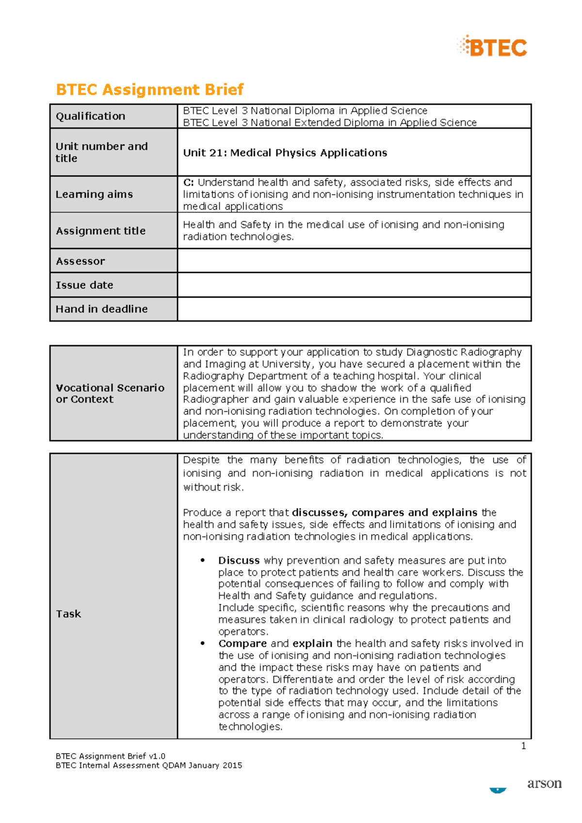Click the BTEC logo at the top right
click(x=492, y=47)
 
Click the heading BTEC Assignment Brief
click(x=149, y=90)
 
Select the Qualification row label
click(x=91, y=116)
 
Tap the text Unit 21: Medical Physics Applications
click(x=285, y=153)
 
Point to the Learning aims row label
click(x=94, y=194)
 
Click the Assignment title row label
click(x=100, y=231)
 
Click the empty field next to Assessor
click(x=354, y=261)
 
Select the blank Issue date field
click(x=354, y=285)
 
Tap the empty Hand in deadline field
click(x=354, y=309)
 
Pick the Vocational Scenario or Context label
click(x=110, y=394)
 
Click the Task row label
click(x=68, y=614)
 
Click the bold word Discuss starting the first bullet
click(x=239, y=560)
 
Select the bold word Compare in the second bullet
click(x=242, y=643)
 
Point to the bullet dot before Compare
click(x=203, y=643)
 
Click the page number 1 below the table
click(x=523, y=746)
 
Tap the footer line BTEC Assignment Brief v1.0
click(x=111, y=756)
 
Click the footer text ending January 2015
click(x=148, y=765)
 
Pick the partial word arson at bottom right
click(x=544, y=784)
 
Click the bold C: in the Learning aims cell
click(x=188, y=183)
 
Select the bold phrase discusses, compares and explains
click(x=385, y=512)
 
